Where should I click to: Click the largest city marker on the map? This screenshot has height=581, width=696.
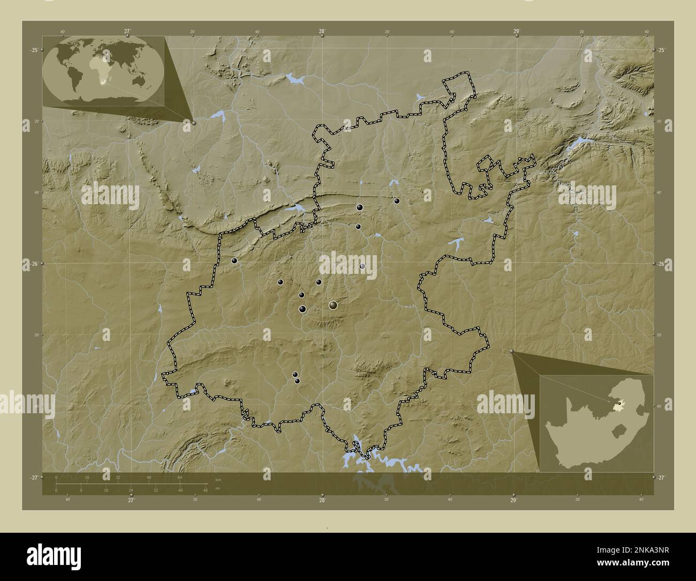coord(334,305)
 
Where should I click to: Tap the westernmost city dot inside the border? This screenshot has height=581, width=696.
coord(234,261)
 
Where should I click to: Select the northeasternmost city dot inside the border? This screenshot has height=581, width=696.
coord(397,201)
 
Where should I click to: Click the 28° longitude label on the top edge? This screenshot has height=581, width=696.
coord(322,32)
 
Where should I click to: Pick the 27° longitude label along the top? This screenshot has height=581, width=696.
coord(127,32)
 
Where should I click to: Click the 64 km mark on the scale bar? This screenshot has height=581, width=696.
coord(180,477)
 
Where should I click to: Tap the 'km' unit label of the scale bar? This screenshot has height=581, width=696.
coord(217,479)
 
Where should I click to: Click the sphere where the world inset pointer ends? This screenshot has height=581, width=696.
coord(194,123)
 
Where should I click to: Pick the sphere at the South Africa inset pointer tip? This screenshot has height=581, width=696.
coord(512,352)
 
